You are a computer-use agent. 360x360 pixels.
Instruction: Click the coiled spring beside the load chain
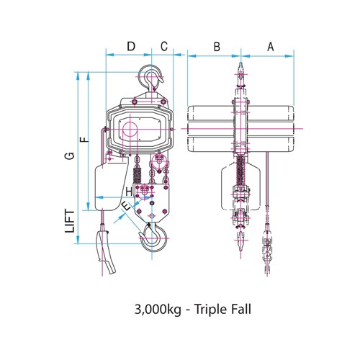(x=135, y=173)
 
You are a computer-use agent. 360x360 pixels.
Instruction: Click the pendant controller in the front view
(x=266, y=248)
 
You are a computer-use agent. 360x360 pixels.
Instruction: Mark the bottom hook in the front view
(x=240, y=241)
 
